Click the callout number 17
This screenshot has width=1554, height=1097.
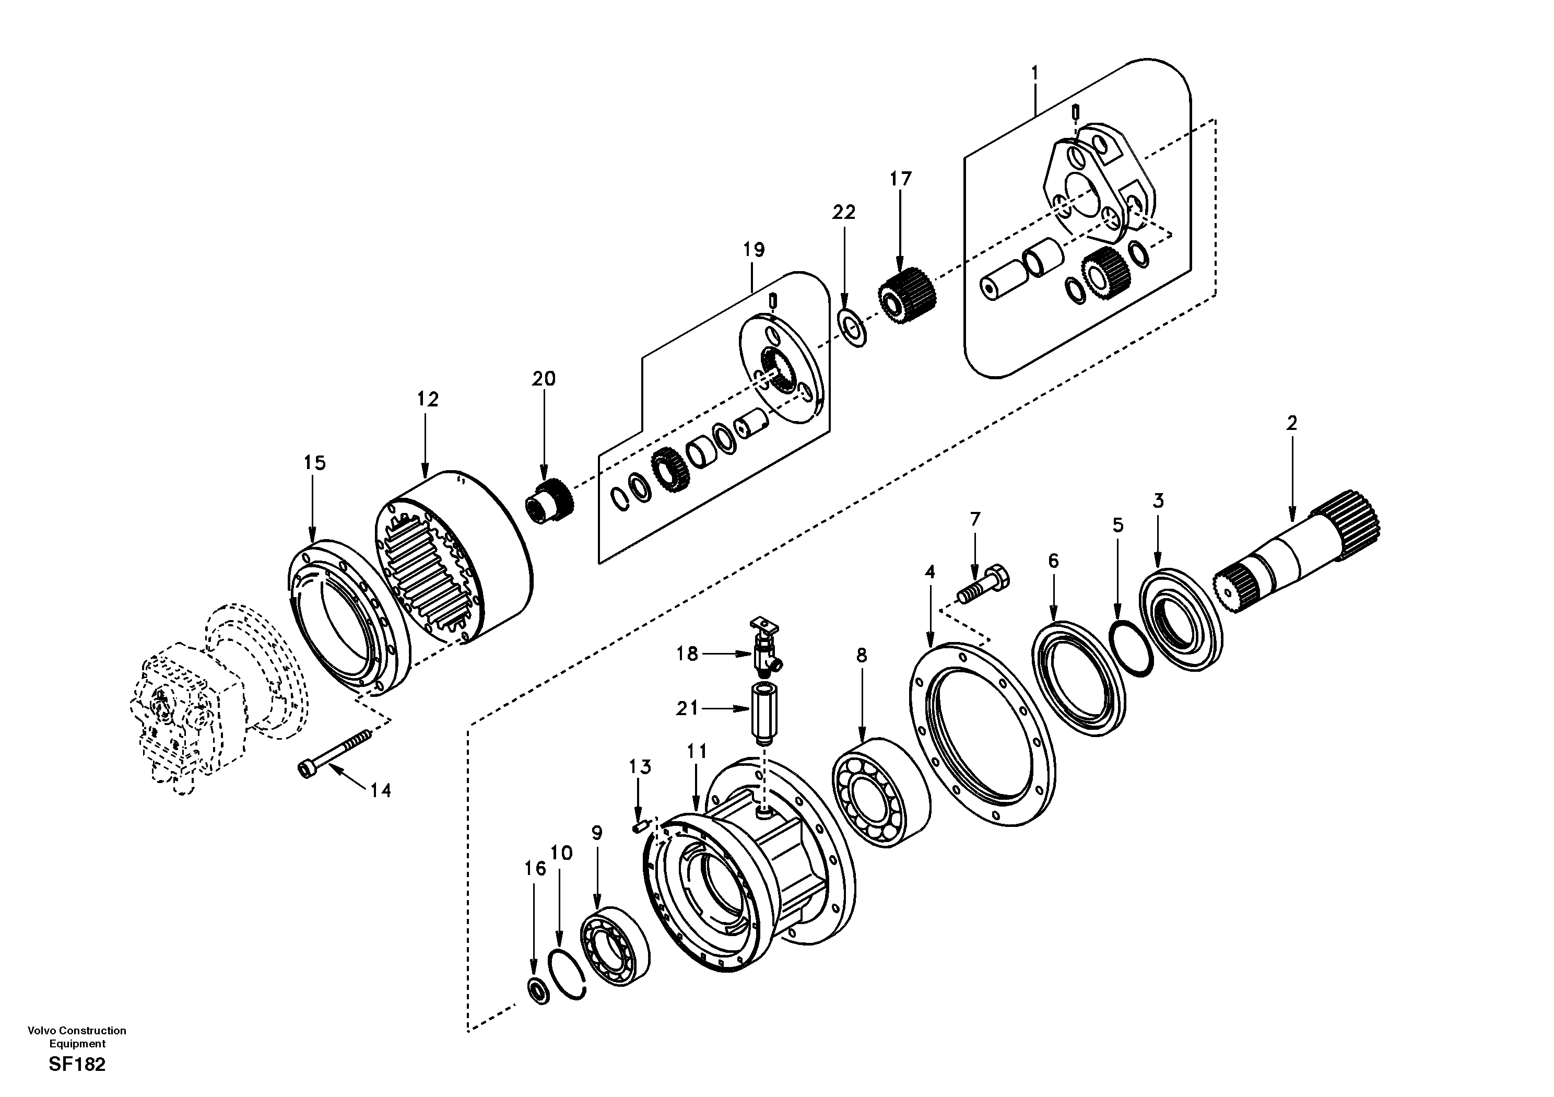(x=900, y=180)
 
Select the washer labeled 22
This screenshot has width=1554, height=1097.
(x=853, y=328)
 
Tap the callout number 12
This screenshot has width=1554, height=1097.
(x=427, y=400)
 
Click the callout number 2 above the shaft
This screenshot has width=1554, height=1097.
(x=1291, y=424)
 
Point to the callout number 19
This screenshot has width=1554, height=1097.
(x=754, y=250)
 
